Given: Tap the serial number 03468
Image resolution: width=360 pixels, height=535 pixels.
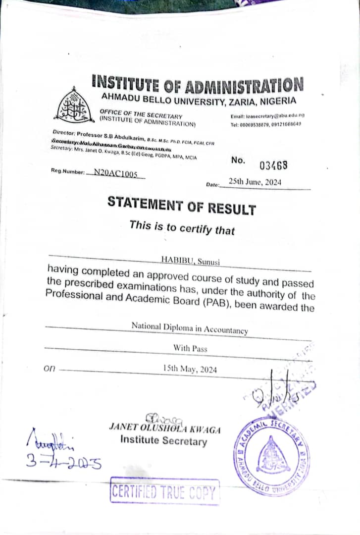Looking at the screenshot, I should click(273, 165).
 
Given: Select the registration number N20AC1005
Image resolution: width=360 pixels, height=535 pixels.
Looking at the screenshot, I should click(115, 174).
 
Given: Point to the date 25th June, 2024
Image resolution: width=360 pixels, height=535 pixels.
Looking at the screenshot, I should click(255, 182).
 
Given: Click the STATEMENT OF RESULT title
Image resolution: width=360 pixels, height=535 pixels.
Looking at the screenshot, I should click(182, 205).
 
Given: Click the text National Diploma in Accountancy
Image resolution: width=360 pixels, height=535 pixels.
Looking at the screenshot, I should click(190, 327).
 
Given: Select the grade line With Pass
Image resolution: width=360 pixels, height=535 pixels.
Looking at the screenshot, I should click(190, 348).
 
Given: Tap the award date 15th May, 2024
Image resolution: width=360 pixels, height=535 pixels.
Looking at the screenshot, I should click(190, 369).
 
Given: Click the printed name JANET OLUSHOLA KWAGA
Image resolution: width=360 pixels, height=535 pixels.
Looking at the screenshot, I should click(164, 427).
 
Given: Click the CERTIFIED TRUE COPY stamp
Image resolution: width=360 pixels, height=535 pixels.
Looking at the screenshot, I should click(164, 491).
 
